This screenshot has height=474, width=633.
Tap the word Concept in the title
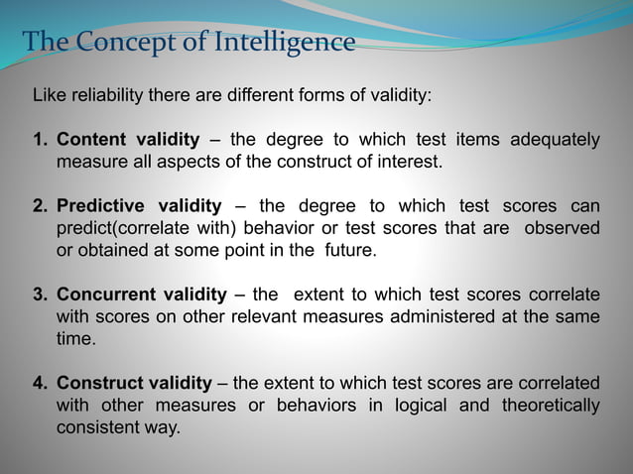[x=119, y=43]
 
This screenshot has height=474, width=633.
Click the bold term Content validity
[x=128, y=140]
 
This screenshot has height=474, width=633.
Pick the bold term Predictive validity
[x=139, y=206]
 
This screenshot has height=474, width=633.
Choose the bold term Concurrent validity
[x=143, y=295]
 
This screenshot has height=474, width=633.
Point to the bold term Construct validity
[x=134, y=383]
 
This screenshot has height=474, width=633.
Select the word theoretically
[x=551, y=405]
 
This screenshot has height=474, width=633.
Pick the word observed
[x=564, y=228]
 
